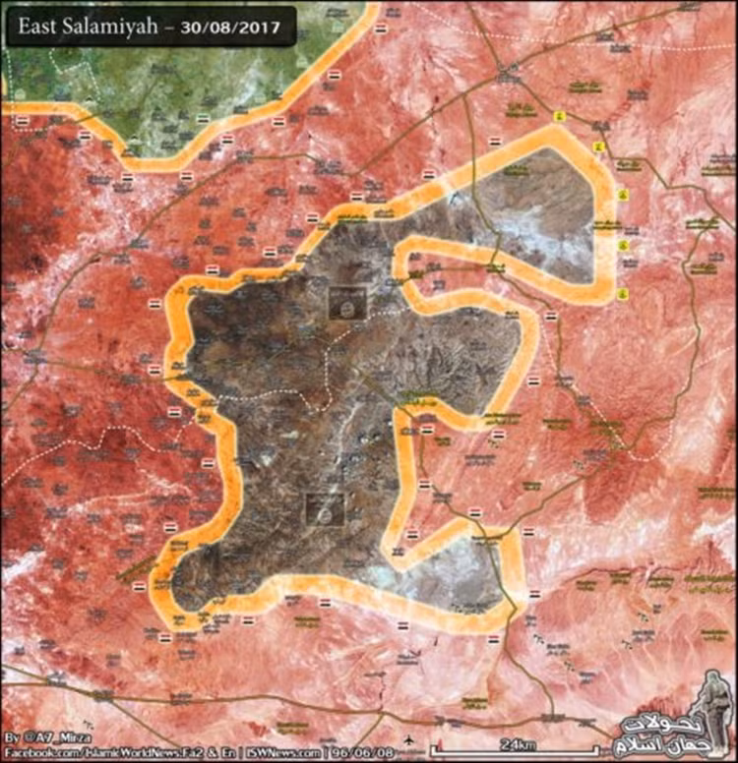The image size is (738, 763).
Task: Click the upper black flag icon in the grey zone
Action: [x=347, y=302]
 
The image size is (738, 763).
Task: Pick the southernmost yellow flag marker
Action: [x=622, y=294]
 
